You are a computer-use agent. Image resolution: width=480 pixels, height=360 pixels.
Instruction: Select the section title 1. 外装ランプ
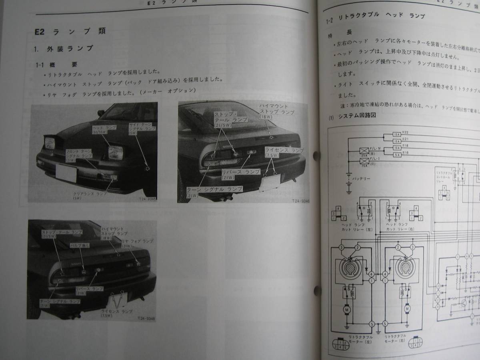pyautogui.click(x=64, y=49)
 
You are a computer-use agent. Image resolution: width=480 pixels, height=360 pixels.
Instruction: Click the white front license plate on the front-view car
pyautogui.click(x=66, y=172)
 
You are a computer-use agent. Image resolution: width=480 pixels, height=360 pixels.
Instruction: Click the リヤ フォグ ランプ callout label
pyautogui.click(x=137, y=243)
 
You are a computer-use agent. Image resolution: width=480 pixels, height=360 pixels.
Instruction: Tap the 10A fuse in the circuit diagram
pyautogui.click(x=397, y=147)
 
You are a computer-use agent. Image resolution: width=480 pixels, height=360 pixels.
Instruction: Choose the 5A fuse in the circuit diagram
pyautogui.click(x=397, y=154)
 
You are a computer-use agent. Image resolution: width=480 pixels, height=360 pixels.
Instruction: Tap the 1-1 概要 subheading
pyautogui.click(x=56, y=64)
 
